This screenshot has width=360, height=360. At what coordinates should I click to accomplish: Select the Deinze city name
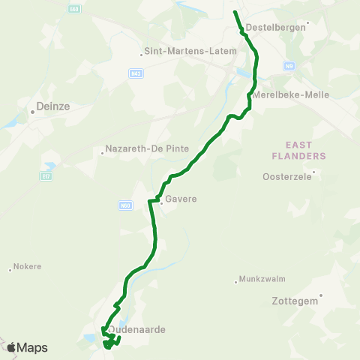(x=53, y=107)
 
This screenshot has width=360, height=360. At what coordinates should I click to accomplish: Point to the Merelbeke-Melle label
(x=292, y=95)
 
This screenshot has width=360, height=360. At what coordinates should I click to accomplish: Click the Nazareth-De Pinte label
(x=148, y=148)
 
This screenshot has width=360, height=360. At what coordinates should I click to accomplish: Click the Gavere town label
(x=181, y=199)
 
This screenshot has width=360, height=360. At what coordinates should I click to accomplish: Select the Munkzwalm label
(x=259, y=279)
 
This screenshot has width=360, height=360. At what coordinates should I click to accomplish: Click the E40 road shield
(x=73, y=9)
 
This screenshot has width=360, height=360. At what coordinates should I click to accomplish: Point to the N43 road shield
(x=136, y=73)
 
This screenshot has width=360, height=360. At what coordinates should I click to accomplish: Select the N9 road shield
(x=289, y=66)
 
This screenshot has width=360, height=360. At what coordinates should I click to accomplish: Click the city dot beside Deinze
(x=33, y=112)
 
